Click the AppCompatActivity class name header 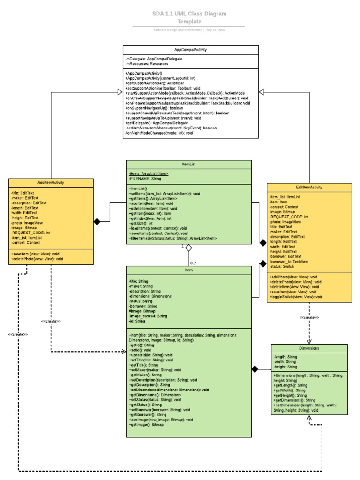[190, 49]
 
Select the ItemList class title [189, 164]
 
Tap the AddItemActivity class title [51, 182]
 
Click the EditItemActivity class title [309, 187]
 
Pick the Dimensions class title [309, 348]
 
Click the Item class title [189, 270]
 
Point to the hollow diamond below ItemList [189, 247]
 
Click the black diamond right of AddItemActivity [97, 222]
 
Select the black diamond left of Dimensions [255, 369]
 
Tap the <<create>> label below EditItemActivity [309, 318]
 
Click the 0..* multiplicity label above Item [194, 263]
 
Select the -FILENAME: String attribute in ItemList [145, 179]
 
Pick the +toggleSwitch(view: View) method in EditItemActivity [296, 297]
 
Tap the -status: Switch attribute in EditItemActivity [282, 266]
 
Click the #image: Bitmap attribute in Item [142, 311]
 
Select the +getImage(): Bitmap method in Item [146, 425]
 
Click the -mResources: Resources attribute [147, 64]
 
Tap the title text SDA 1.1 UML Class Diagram [189, 14]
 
